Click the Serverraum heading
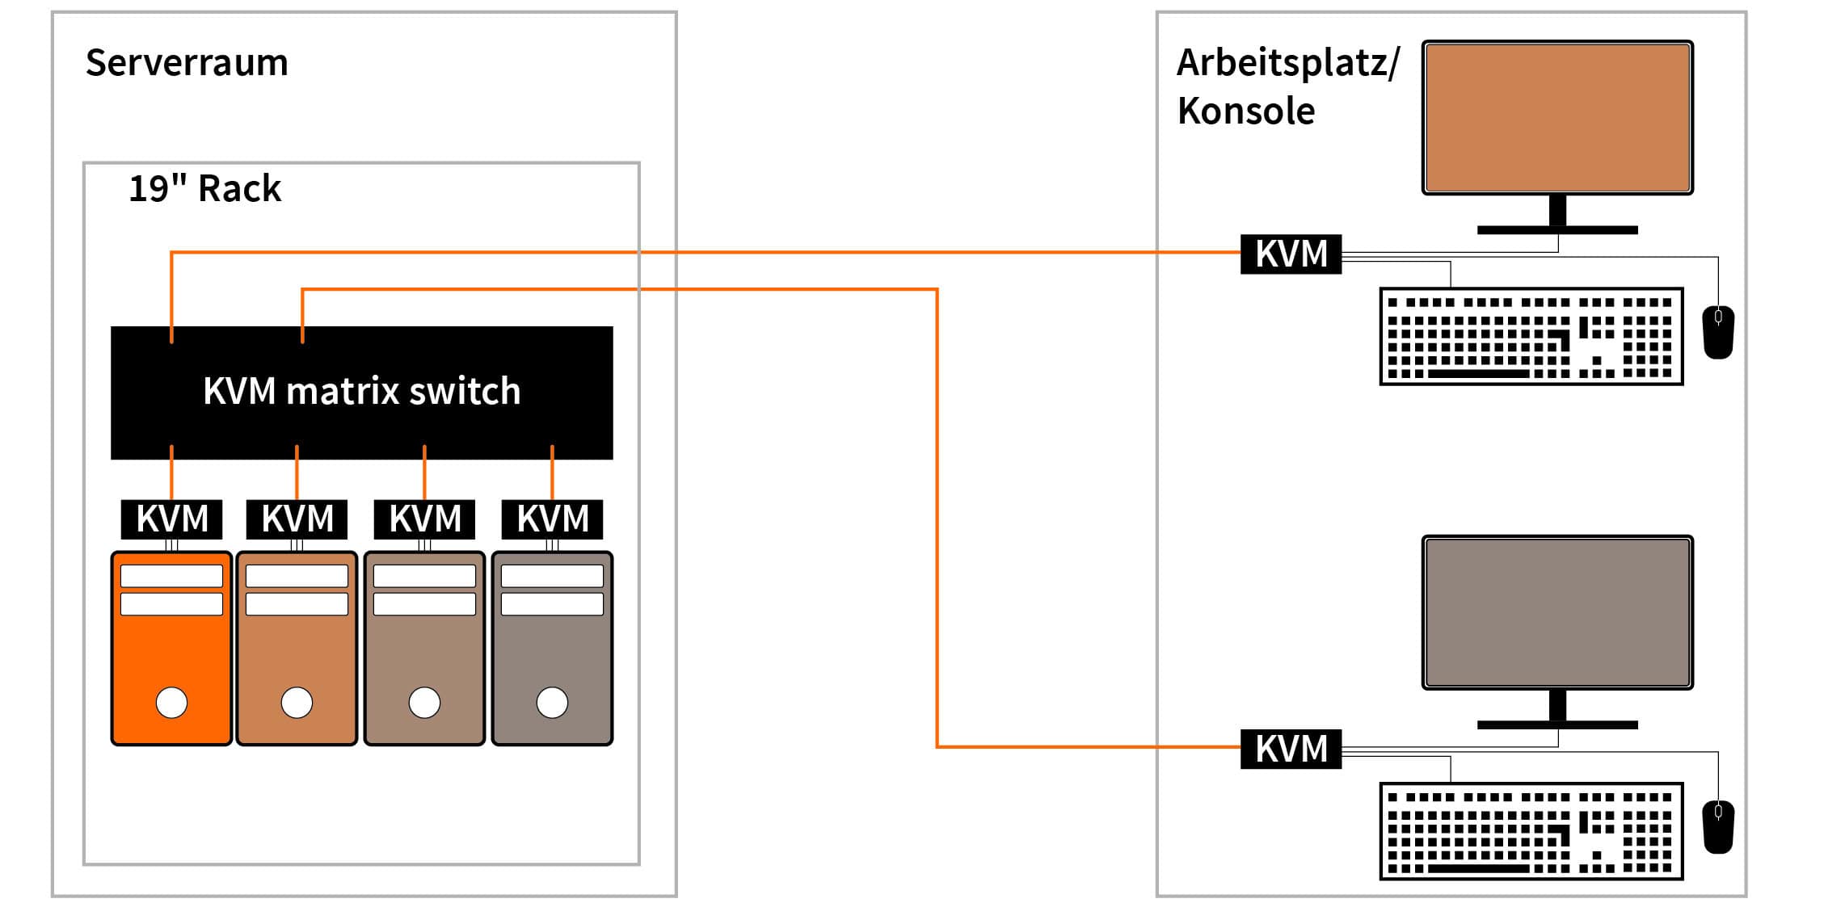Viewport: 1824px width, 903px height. click(x=187, y=63)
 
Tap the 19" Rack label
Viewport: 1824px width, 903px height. click(x=204, y=189)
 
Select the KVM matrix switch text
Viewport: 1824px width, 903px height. click(x=361, y=392)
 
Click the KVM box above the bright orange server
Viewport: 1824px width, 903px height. click(x=171, y=519)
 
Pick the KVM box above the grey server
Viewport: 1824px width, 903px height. click(x=552, y=519)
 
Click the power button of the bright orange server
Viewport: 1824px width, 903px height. click(x=171, y=702)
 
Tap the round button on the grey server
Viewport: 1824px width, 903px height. click(x=552, y=702)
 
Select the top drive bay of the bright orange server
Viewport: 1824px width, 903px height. click(x=171, y=576)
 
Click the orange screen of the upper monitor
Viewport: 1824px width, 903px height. click(x=1557, y=117)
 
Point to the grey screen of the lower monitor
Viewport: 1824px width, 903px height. click(x=1557, y=612)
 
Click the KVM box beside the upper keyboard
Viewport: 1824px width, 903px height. click(x=1291, y=254)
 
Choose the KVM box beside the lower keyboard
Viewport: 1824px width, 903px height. click(x=1291, y=749)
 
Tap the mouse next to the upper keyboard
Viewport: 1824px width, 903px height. click(x=1717, y=331)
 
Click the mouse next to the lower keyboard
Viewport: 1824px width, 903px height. click(x=1717, y=826)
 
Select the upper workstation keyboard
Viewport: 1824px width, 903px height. click(x=1531, y=336)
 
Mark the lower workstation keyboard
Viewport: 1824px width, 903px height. click(x=1531, y=831)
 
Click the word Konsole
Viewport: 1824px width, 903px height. click(x=1245, y=111)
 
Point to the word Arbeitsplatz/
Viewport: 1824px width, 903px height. click(x=1287, y=63)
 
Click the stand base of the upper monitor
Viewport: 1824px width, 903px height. click(x=1557, y=230)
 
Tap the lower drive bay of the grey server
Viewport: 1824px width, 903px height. click(x=552, y=604)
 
